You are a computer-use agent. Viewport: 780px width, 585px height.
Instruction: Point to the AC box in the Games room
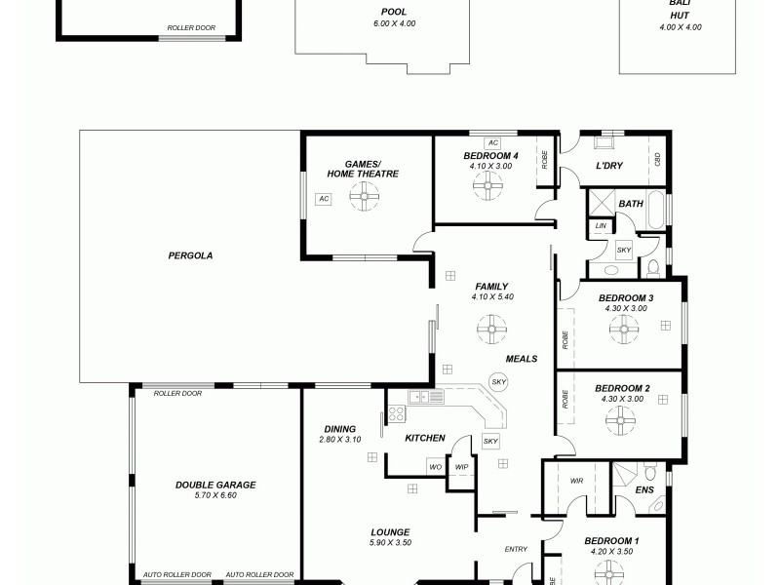(324, 199)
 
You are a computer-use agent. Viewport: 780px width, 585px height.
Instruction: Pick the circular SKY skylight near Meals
(499, 381)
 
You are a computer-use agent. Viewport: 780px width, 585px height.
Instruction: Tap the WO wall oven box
(436, 467)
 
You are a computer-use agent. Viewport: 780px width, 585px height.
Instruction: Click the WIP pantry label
(462, 467)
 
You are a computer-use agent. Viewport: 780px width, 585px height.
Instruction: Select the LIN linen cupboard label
(600, 227)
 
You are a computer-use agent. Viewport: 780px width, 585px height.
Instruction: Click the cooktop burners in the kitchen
(397, 413)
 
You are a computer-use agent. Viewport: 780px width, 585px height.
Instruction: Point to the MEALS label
(522, 359)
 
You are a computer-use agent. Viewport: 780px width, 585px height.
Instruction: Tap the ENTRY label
(516, 550)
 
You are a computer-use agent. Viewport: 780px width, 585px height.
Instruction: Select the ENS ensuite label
(644, 490)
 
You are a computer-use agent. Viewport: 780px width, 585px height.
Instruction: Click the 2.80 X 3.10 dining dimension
(339, 440)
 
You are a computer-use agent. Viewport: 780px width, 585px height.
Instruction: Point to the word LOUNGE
(389, 532)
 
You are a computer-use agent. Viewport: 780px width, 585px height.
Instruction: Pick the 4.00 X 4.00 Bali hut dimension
(681, 27)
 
